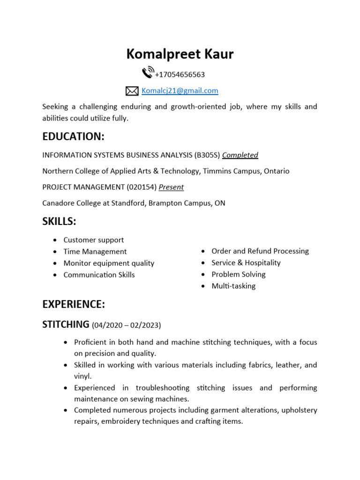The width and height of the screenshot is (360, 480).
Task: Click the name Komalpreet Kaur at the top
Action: click(x=180, y=54)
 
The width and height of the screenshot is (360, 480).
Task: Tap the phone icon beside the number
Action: click(x=147, y=73)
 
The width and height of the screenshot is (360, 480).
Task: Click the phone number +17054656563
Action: click(x=180, y=75)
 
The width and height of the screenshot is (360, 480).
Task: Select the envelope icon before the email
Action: click(x=132, y=91)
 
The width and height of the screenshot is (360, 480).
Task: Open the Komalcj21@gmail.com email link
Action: click(x=180, y=90)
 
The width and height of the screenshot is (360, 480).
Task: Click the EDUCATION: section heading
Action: click(x=73, y=136)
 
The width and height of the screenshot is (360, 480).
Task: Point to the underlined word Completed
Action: click(x=240, y=155)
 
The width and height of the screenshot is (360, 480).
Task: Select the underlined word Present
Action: click(x=171, y=187)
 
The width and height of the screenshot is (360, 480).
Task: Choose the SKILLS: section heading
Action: click(x=59, y=221)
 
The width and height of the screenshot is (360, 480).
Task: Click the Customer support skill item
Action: click(x=94, y=240)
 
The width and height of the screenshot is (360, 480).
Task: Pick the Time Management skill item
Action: click(x=95, y=252)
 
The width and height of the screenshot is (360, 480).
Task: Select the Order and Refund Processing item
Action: click(x=260, y=251)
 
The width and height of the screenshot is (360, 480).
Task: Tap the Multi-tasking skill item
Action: click(x=233, y=286)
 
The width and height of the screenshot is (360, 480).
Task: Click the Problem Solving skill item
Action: click(x=239, y=274)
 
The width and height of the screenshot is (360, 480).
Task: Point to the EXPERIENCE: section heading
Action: click(x=74, y=304)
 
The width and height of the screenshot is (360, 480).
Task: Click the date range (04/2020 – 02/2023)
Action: click(x=126, y=325)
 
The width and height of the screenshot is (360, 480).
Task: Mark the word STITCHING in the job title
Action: click(x=66, y=324)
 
